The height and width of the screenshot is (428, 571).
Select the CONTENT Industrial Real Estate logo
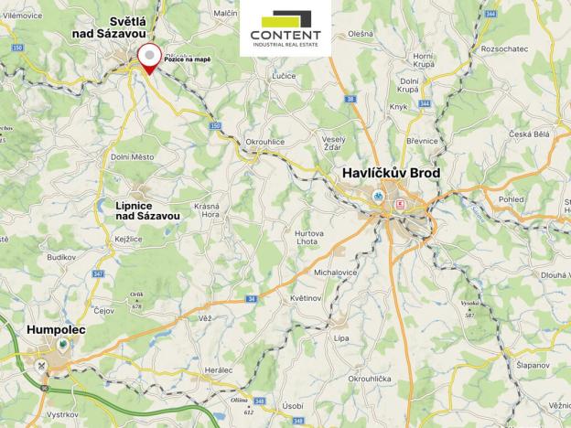(285, 30)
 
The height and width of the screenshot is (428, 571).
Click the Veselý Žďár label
(335, 144)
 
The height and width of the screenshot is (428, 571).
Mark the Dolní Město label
(133, 157)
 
